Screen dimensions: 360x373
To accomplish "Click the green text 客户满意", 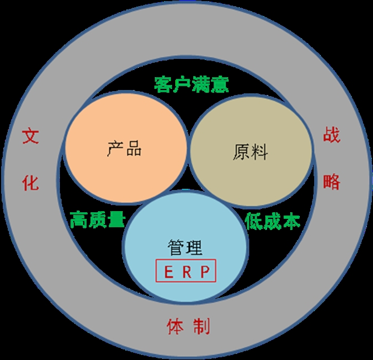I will pyautogui.click(x=191, y=84).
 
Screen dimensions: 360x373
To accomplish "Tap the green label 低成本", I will pyautogui.click(x=273, y=221).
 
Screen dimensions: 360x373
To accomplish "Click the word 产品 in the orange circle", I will pyautogui.click(x=125, y=149).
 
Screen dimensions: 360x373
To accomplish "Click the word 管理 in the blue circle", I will pyautogui.click(x=185, y=248).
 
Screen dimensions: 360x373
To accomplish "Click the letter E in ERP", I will pyautogui.click(x=168, y=272).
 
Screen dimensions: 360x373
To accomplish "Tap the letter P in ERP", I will pyautogui.click(x=204, y=272).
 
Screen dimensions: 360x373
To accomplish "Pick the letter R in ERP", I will pyautogui.click(x=186, y=272).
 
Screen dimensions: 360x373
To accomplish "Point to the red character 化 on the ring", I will pyautogui.click(x=31, y=183).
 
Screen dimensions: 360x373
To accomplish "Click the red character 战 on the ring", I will pyautogui.click(x=331, y=136).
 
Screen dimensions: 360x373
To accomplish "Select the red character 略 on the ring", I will pyautogui.click(x=331, y=181).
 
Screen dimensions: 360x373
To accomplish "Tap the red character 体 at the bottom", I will pyautogui.click(x=175, y=326).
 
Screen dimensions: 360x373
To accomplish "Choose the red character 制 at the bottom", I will pyautogui.click(x=201, y=326).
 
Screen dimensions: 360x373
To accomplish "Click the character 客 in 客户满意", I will pyautogui.click(x=163, y=84).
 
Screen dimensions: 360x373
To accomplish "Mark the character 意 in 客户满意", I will pyautogui.click(x=220, y=84).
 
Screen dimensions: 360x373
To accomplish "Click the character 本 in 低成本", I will pyautogui.click(x=291, y=221).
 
